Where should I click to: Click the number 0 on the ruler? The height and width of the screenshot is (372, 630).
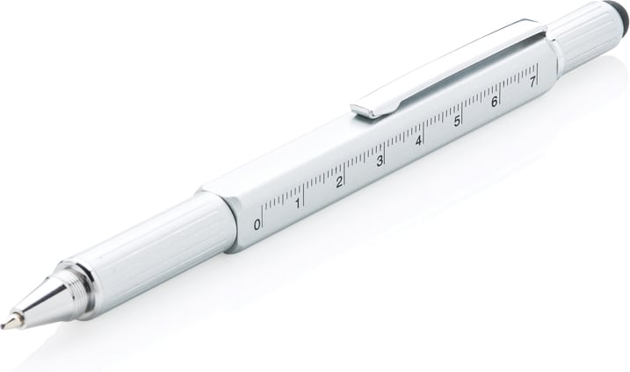257,225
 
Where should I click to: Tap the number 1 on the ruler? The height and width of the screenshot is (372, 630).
298,203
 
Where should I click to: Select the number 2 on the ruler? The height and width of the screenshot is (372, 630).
339,182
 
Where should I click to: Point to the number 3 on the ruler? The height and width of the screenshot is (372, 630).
380,161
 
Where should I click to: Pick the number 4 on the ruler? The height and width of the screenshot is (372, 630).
419,140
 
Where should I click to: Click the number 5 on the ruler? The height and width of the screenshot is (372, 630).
457,121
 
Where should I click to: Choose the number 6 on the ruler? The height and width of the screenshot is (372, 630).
495,102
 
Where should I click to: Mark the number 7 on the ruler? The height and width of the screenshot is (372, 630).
532,82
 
